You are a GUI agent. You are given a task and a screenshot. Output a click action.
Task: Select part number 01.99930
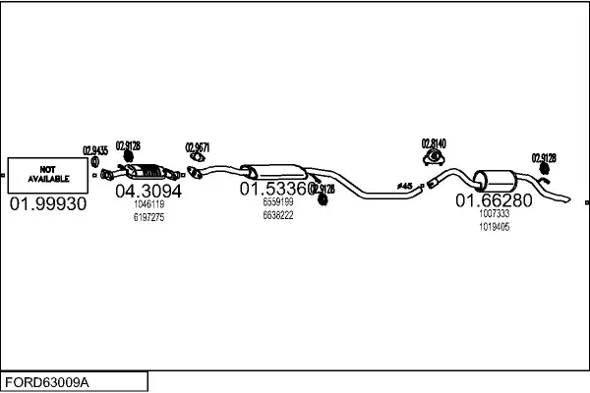coord(47,204)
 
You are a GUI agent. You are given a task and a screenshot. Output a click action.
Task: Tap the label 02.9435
coord(95,150)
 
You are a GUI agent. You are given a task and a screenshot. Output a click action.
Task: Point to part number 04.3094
coord(148,191)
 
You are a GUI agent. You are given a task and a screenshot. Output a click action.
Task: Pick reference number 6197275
coord(147,217)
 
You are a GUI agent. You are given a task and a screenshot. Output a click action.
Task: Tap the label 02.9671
coord(198,148)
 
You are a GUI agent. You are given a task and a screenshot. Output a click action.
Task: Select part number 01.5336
coord(277,188)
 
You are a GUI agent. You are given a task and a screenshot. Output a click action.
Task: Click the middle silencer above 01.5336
coord(269,168)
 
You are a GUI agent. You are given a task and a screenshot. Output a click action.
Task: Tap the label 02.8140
coord(434,142)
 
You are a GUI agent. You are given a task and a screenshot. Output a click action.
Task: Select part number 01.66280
coord(493,200)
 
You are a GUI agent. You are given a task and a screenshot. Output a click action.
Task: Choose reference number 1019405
coord(494,226)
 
